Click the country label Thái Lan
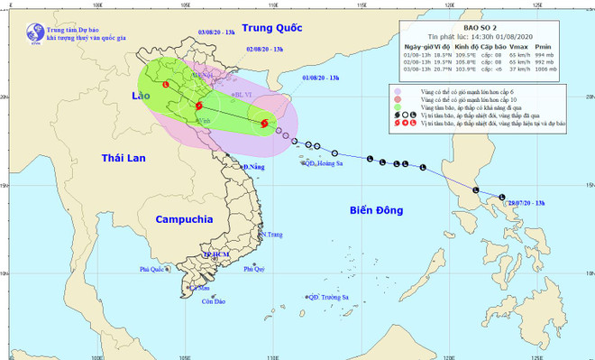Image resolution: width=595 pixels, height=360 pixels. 124,158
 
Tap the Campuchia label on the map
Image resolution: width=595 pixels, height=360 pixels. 184,219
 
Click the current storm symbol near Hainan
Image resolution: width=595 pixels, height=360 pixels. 263,124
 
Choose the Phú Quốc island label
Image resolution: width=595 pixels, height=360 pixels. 155,269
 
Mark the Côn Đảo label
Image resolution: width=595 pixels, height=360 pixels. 214,301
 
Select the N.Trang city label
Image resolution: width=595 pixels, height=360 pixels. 271,235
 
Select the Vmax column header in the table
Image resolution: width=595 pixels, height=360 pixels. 517,45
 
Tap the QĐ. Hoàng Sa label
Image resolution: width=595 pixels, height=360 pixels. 324,162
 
